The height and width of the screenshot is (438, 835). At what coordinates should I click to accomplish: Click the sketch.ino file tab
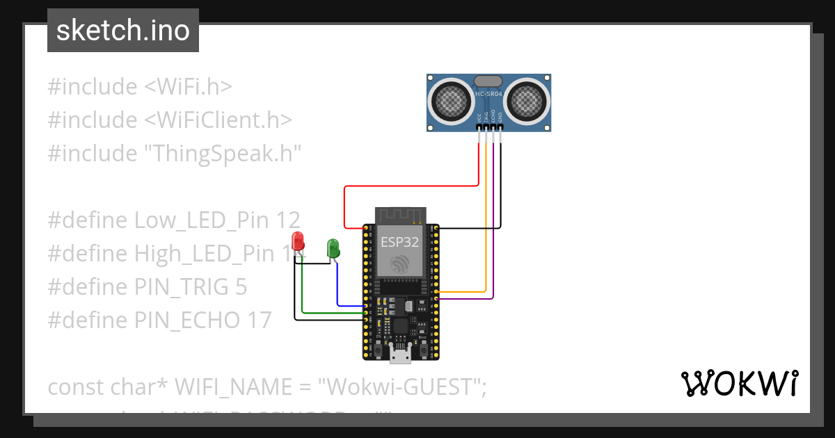[123, 31]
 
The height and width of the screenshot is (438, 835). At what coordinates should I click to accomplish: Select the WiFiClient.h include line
[169, 120]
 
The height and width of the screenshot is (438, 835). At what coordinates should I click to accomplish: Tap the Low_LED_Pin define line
[173, 220]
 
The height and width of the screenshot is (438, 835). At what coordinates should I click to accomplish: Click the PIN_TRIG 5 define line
[147, 286]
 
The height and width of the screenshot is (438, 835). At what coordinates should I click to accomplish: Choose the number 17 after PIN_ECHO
[257, 320]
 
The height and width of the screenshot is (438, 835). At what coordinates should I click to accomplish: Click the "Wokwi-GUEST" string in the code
[401, 387]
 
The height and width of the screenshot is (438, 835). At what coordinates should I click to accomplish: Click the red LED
[298, 242]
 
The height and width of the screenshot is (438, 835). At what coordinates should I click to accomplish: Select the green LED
[333, 248]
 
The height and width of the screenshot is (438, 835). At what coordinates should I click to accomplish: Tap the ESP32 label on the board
[399, 242]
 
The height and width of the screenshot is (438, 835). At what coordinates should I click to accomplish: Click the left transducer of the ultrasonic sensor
[453, 101]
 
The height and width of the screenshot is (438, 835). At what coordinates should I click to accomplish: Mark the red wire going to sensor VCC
[411, 186]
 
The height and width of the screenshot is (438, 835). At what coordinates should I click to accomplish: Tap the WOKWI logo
[739, 383]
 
